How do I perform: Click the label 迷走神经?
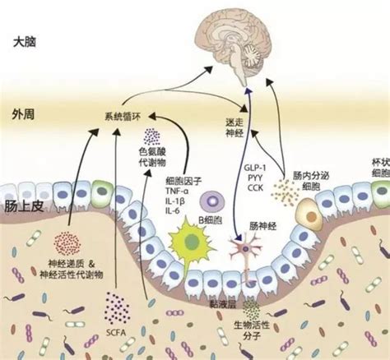pos(235,124)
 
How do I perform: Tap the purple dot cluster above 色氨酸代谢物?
pos(152,136)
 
